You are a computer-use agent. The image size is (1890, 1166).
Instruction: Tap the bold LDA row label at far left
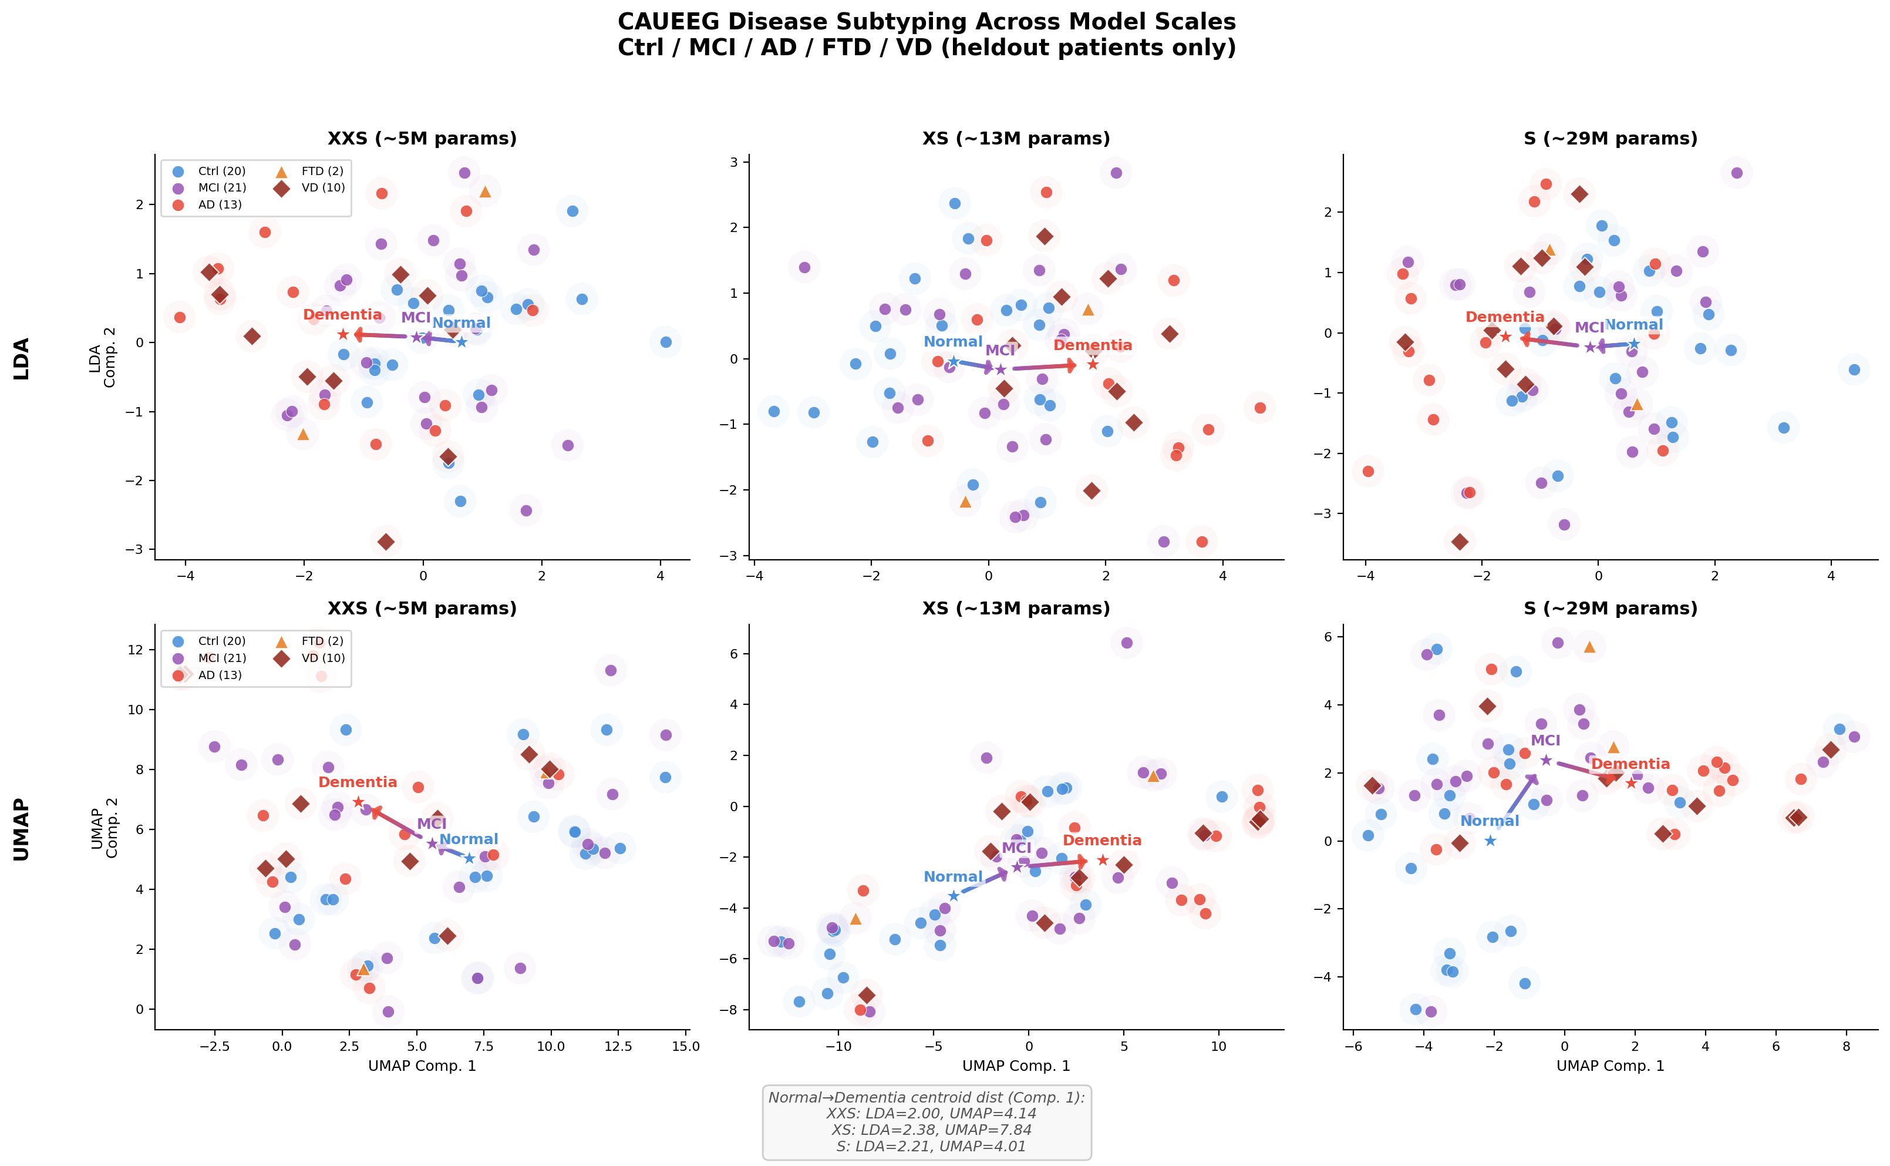[22, 358]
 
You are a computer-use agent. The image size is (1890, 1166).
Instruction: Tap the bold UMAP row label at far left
[22, 829]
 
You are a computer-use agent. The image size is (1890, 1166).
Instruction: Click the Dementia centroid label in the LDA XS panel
[1092, 345]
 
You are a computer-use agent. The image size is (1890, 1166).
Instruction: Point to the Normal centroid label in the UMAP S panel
[1489, 821]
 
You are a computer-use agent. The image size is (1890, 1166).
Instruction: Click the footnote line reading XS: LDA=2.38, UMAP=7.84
[931, 1130]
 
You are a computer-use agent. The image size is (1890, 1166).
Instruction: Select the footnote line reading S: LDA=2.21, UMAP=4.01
[931, 1146]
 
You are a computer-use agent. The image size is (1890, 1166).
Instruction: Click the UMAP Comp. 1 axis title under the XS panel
[1016, 1066]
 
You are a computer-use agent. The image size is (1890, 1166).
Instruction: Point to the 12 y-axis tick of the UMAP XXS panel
[136, 649]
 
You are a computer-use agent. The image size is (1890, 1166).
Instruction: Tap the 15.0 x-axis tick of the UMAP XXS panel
[685, 1047]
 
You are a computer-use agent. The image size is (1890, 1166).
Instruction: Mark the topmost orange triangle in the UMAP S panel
[1589, 647]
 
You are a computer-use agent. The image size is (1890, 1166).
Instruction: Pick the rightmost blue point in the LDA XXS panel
[666, 342]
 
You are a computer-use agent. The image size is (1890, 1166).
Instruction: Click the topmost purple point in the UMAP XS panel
[1126, 643]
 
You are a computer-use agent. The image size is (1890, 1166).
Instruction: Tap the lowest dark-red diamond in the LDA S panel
[1459, 542]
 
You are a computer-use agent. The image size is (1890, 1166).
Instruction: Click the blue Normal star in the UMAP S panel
[1490, 841]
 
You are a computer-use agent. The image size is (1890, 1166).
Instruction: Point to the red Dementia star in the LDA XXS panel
[343, 334]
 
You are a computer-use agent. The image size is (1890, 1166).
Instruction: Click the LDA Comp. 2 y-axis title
[103, 357]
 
